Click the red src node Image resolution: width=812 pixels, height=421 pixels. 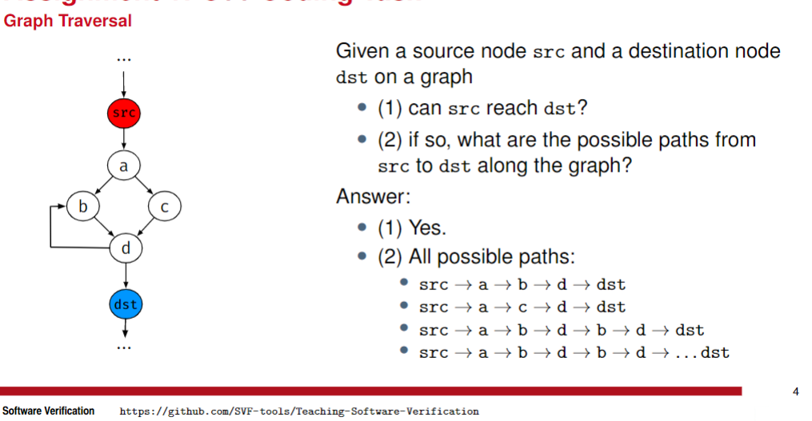click(124, 113)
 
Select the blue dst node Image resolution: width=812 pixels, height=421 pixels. click(125, 304)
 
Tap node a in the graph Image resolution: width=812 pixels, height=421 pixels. click(124, 166)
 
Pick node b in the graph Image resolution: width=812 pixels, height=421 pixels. click(82, 207)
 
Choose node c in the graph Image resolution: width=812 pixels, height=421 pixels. click(165, 207)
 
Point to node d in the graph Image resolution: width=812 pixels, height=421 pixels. click(125, 248)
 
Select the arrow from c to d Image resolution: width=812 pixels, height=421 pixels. click(145, 228)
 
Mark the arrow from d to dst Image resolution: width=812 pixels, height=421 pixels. click(125, 276)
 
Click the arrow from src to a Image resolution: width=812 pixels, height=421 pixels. click(124, 140)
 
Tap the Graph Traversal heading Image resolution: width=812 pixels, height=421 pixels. click(68, 22)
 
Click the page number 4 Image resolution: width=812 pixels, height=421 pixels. click(795, 391)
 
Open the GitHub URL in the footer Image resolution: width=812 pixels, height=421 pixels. click(298, 411)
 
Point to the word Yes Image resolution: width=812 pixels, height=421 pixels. click(427, 228)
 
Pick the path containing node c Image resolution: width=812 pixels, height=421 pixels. click(522, 308)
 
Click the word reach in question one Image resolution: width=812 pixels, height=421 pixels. click(511, 108)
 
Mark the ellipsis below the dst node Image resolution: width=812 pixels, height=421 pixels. click(125, 349)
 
